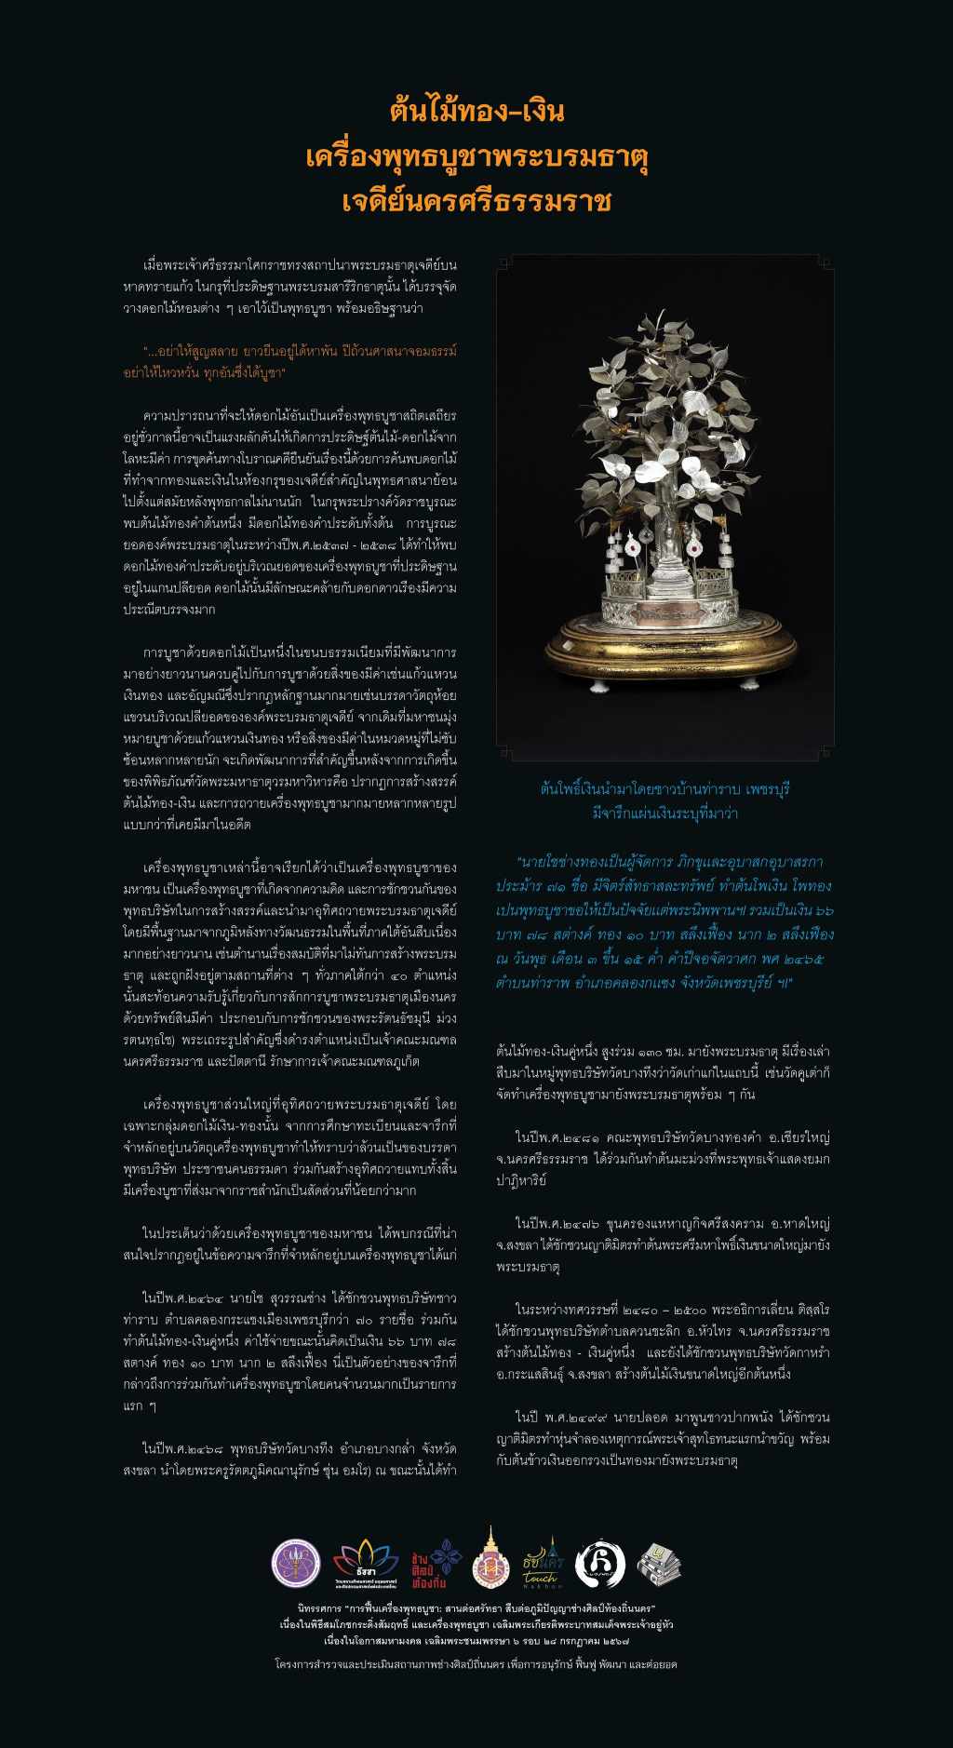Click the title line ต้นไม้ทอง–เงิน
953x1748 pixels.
tap(476, 112)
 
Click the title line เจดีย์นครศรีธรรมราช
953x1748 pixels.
tap(476, 200)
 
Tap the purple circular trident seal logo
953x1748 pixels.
tap(296, 1564)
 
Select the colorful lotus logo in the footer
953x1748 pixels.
tap(358, 1564)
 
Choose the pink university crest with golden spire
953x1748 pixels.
tap(490, 1559)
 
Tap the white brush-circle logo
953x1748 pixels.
tap(600, 1564)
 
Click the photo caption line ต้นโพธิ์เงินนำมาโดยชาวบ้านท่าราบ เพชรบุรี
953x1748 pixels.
tap(664, 789)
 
